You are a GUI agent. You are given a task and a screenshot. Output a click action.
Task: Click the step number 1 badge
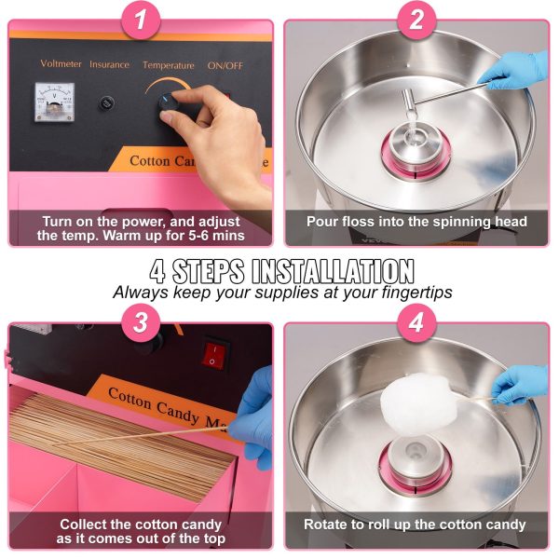[x=141, y=20]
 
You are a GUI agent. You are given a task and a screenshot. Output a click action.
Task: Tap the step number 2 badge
[x=416, y=20]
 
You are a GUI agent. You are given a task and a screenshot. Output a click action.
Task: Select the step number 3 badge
[x=141, y=322]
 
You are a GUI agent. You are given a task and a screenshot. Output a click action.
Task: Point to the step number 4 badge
[x=416, y=322]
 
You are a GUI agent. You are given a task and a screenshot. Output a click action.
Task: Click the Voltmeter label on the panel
[x=61, y=63]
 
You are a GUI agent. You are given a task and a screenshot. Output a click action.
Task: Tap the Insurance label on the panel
[x=109, y=64]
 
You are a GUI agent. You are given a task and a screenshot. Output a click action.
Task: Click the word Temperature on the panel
[x=169, y=65]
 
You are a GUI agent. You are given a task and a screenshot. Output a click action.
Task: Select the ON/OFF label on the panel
[x=225, y=66]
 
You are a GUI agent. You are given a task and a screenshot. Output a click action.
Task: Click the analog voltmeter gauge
[x=55, y=102]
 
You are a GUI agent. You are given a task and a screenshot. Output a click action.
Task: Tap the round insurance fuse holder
[x=106, y=103]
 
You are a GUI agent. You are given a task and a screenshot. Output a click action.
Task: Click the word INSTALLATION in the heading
[x=333, y=271]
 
